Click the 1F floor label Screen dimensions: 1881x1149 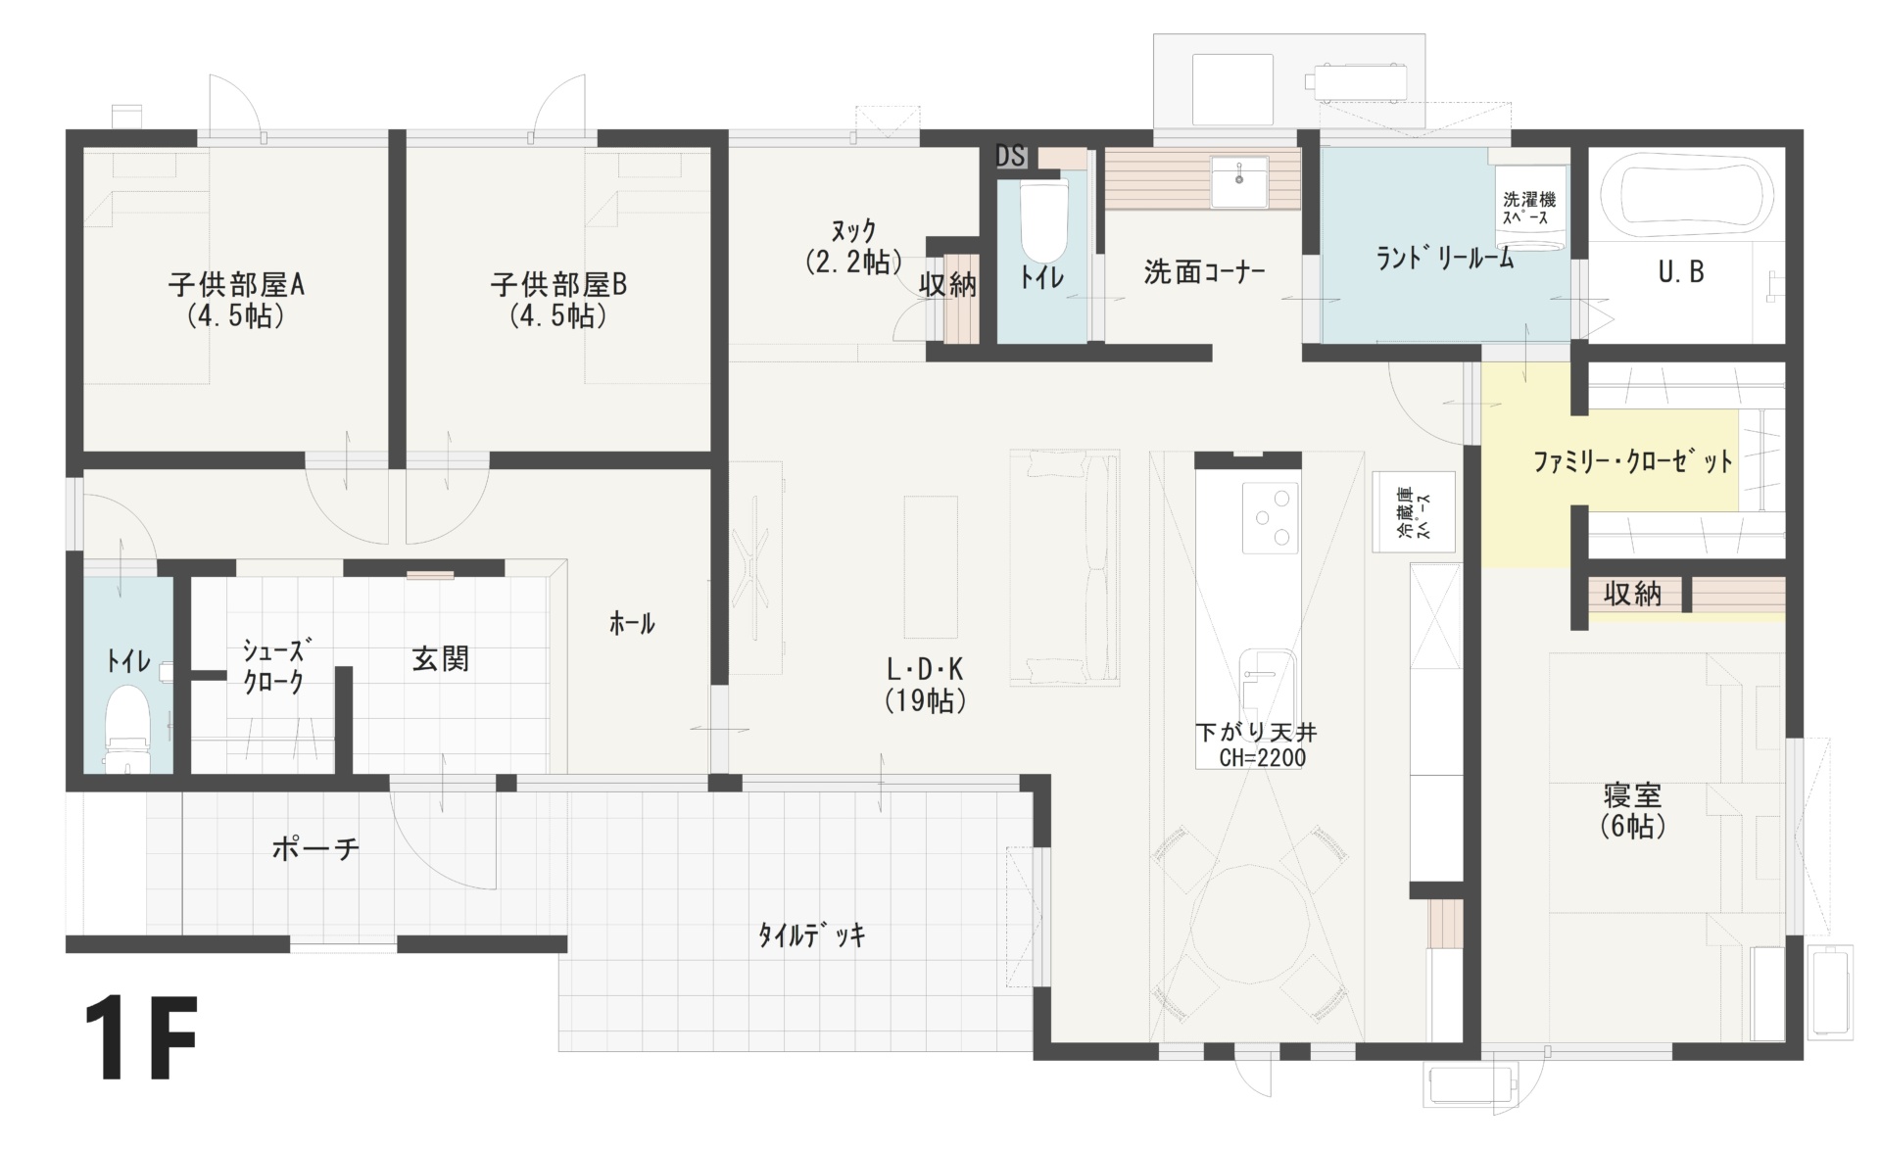tap(141, 1038)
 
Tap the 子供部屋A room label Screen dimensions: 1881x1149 tap(236, 285)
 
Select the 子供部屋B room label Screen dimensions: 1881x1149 tap(558, 285)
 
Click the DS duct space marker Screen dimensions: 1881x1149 tap(1010, 156)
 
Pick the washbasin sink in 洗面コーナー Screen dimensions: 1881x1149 tap(1239, 181)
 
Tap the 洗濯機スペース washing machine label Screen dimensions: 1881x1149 tap(1529, 208)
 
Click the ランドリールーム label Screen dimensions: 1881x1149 tap(1445, 258)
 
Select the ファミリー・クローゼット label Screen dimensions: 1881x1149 tap(1633, 461)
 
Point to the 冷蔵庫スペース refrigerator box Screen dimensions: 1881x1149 tap(1414, 511)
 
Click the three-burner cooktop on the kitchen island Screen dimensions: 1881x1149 tap(1271, 517)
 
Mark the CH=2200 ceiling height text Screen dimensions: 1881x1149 tap(1262, 757)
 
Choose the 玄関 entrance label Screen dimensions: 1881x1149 tap(440, 658)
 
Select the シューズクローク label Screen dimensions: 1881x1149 tap(273, 666)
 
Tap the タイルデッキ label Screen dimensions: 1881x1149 tap(812, 935)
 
